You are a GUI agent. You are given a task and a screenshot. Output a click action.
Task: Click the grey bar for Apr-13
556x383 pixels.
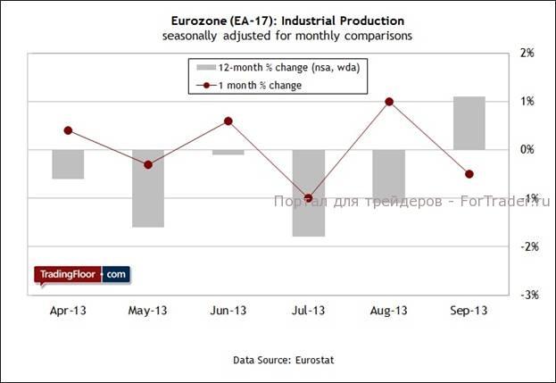click(68, 164)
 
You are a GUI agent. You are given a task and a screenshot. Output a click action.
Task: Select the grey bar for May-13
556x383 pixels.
click(148, 188)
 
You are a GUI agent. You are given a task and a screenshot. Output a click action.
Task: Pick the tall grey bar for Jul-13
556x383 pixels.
click(309, 193)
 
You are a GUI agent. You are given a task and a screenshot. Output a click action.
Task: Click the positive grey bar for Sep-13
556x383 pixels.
click(469, 123)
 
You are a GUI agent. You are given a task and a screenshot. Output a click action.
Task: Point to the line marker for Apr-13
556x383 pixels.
click(68, 130)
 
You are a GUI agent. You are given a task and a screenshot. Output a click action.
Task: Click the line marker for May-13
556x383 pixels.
click(148, 164)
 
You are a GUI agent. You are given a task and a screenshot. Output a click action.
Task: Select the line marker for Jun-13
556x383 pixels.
click(228, 121)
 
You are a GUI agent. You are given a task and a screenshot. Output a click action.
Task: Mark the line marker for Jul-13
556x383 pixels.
click(309, 198)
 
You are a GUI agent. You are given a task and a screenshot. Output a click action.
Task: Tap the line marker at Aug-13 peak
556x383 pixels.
click(389, 102)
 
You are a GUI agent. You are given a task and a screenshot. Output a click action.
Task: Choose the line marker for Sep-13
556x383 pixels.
click(469, 174)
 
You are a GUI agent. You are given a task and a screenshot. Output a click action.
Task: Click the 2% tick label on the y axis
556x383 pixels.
click(527, 54)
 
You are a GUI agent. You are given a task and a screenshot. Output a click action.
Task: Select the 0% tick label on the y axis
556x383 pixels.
click(527, 150)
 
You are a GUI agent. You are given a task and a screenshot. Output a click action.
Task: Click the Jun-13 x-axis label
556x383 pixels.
click(228, 311)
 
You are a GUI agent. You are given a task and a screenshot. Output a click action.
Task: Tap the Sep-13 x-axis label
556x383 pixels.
click(469, 311)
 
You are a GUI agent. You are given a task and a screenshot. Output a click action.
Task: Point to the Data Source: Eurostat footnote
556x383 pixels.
click(278, 359)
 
